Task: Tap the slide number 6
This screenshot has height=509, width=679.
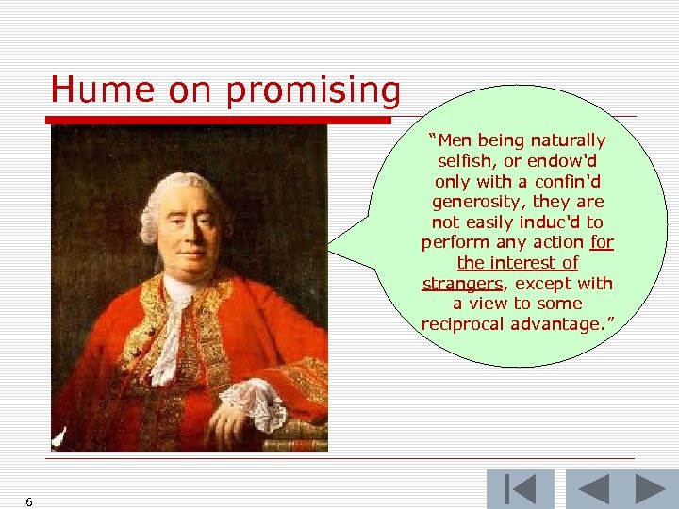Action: (x=29, y=502)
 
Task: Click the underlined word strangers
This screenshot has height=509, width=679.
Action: (x=462, y=284)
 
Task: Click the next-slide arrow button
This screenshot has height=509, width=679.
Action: (x=649, y=489)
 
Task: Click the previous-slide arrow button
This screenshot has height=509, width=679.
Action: (x=594, y=489)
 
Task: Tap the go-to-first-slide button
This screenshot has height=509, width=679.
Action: (x=520, y=489)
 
